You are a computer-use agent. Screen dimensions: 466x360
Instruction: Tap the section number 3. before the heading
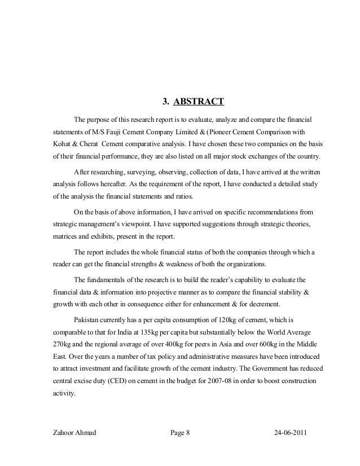[166, 102]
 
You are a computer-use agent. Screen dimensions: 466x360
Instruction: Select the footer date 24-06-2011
[293, 433]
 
